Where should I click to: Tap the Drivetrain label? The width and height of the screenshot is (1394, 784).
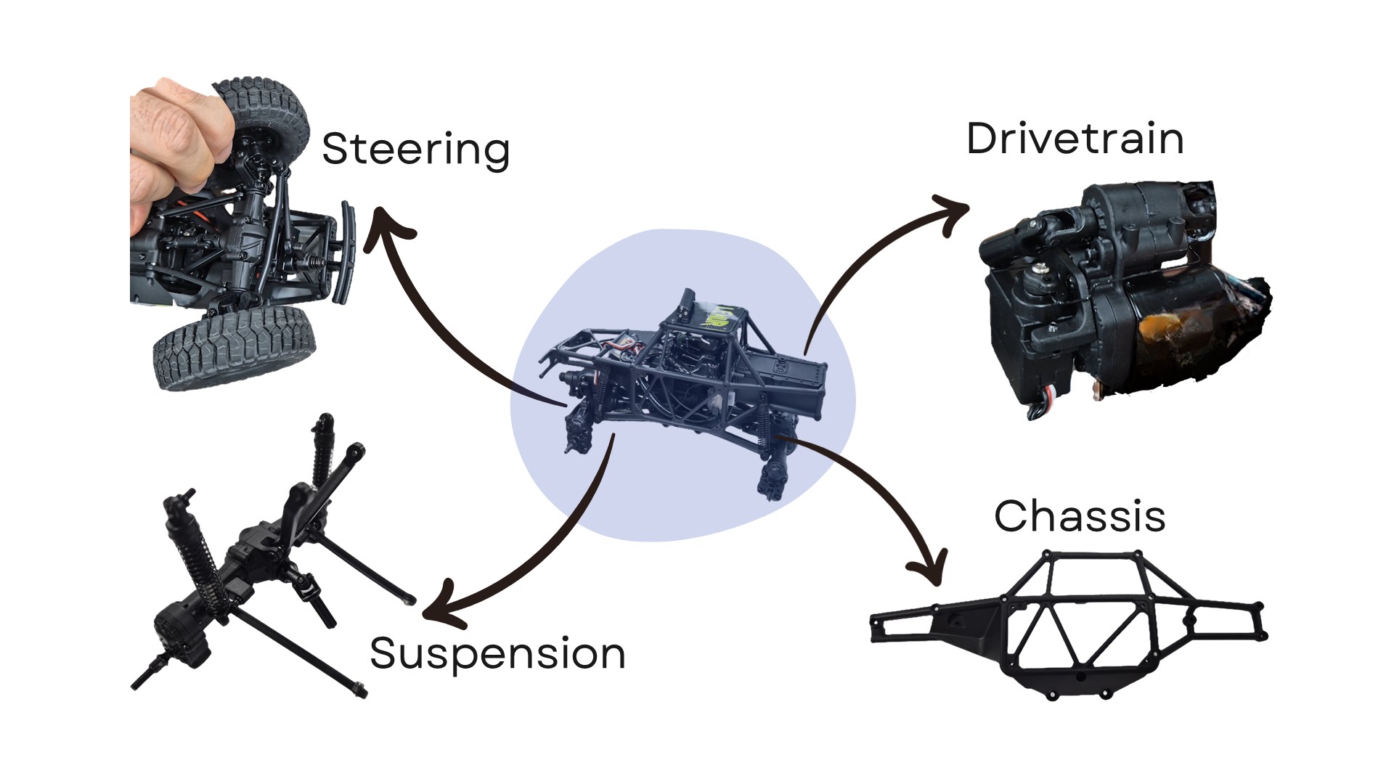[x=1075, y=139]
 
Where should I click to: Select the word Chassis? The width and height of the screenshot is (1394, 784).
[x=1080, y=516]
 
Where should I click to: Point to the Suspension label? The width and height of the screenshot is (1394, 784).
[x=497, y=653]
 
